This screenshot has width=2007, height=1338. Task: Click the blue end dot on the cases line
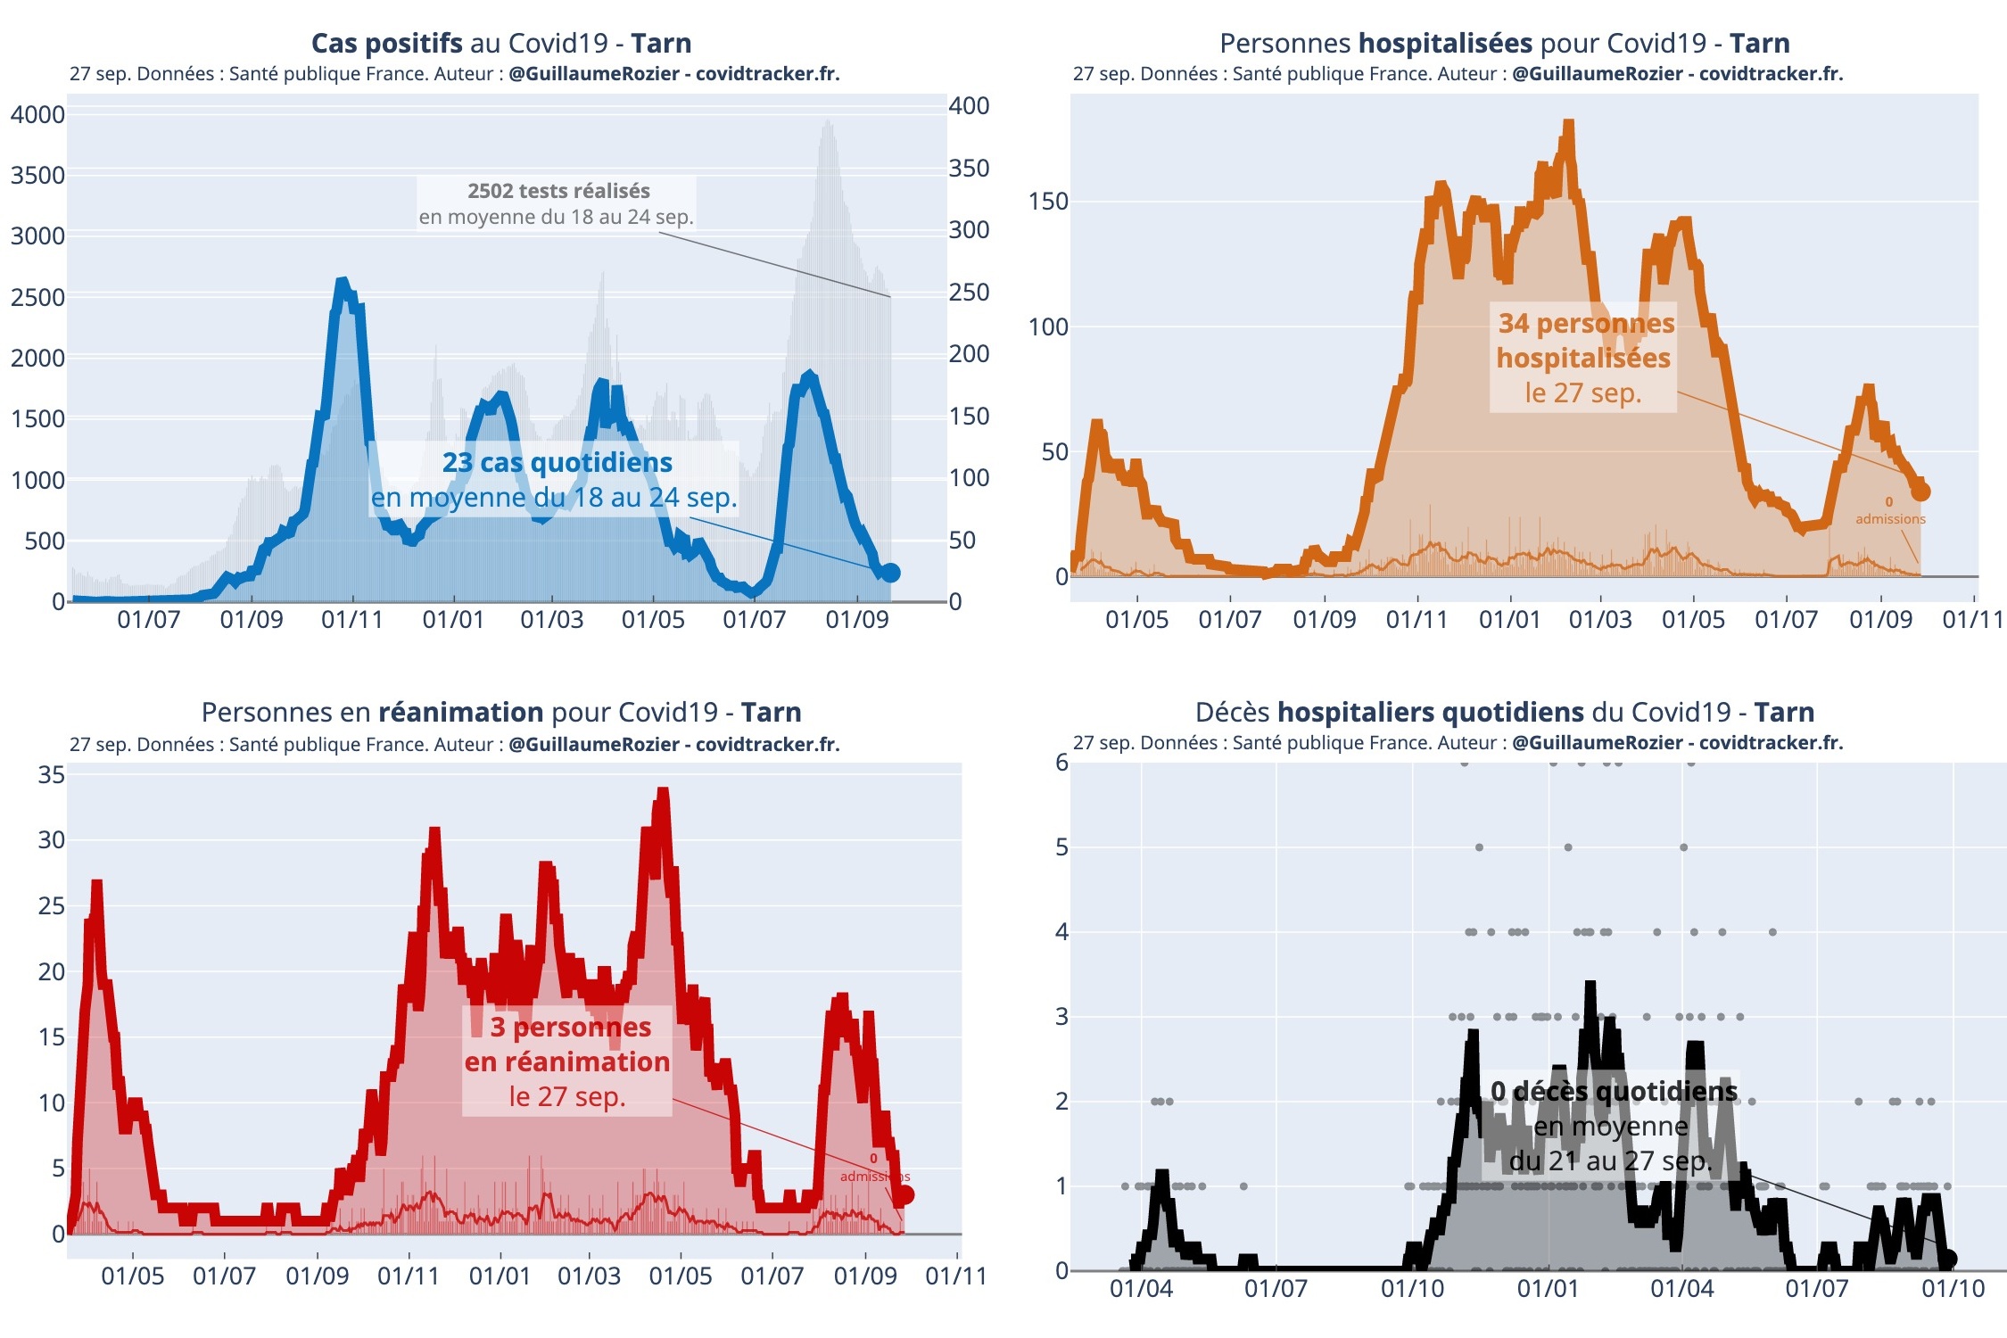[889, 573]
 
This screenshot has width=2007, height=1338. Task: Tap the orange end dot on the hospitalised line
[1920, 491]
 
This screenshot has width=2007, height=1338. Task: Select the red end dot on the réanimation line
[904, 1195]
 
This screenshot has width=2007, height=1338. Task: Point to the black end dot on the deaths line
[1948, 1259]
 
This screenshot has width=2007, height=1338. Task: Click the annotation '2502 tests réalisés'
[558, 191]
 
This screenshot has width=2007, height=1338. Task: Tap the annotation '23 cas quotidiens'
[557, 462]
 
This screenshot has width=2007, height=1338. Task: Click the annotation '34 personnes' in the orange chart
[1586, 324]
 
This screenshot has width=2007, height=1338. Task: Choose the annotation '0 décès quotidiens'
[1614, 1091]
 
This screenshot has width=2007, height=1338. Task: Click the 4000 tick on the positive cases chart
[37, 115]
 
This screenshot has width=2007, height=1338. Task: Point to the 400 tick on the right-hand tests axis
[969, 106]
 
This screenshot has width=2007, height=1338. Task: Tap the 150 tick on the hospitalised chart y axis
[1048, 202]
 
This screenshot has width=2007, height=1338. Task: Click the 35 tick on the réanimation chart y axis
[51, 774]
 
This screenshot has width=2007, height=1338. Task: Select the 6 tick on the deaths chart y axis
[1061, 762]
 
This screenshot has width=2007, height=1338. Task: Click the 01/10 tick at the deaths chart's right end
[1953, 1288]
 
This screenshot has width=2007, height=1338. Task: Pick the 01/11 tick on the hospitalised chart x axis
[1972, 619]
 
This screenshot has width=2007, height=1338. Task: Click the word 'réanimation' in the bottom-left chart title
[460, 712]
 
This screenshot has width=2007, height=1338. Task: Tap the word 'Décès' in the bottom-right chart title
[1233, 712]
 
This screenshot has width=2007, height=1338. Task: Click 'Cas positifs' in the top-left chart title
[386, 43]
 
